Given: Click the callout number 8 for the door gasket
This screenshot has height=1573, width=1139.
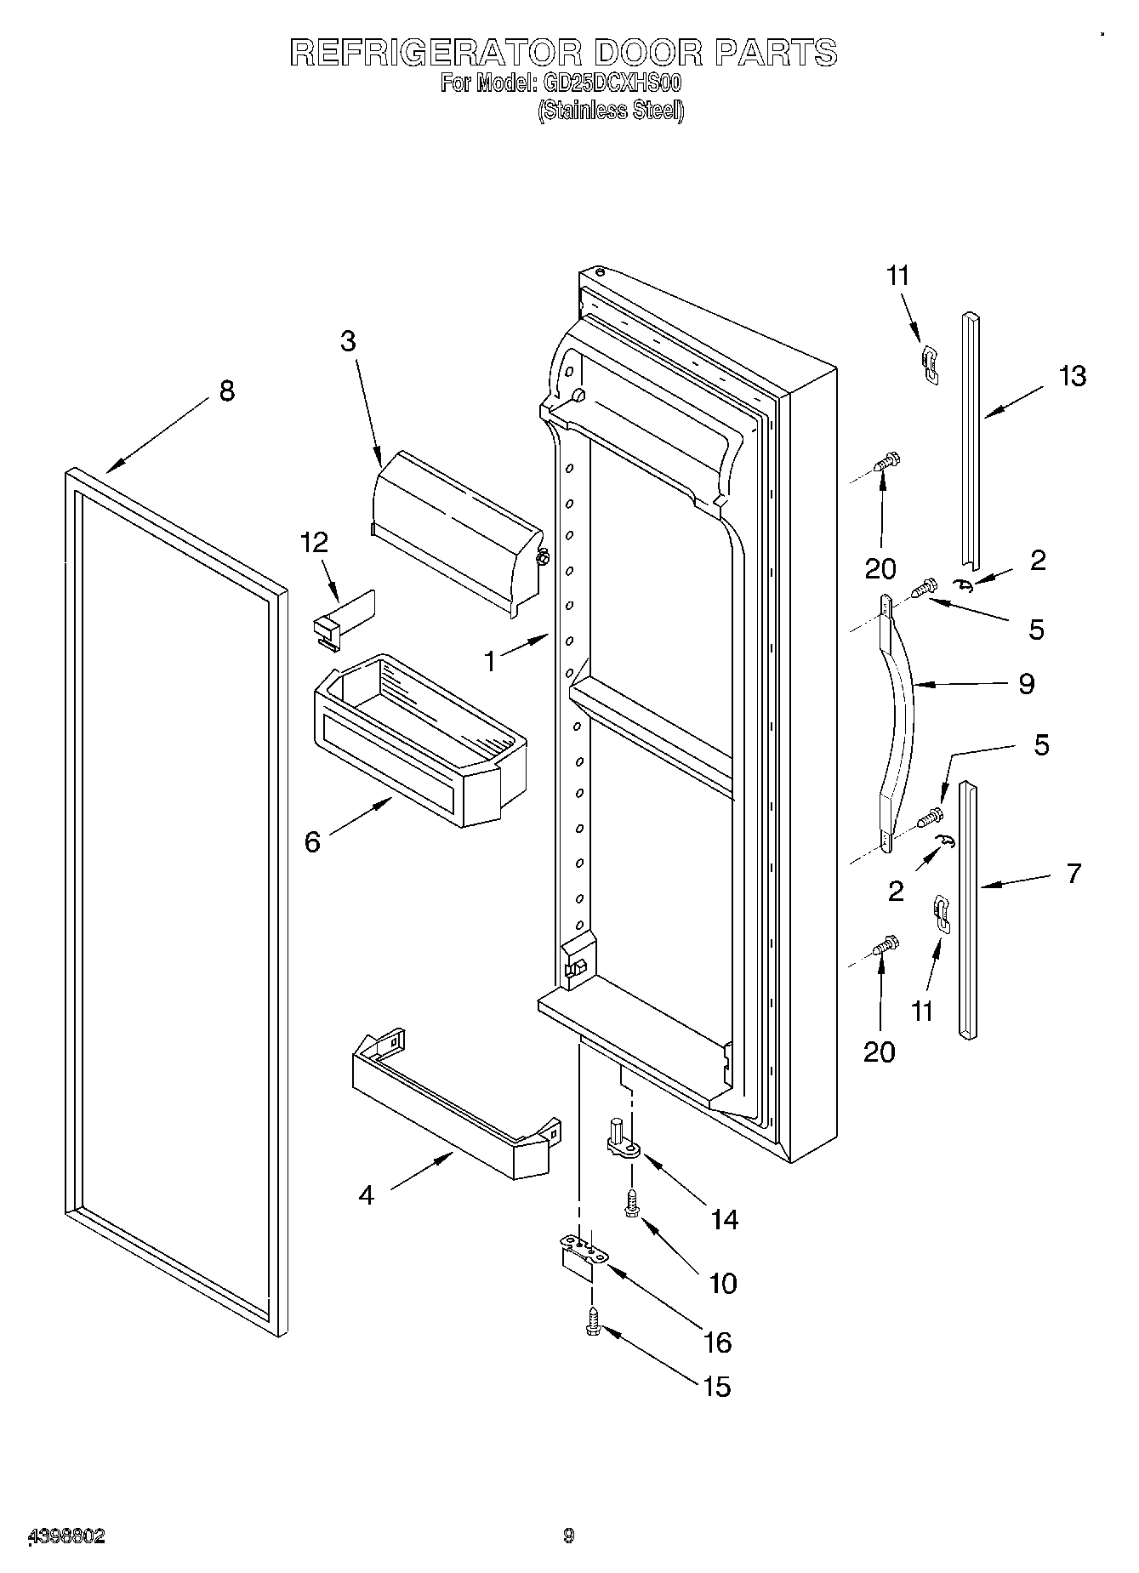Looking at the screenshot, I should coord(226,390).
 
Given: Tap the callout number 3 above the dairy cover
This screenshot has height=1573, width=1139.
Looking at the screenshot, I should coord(348,340).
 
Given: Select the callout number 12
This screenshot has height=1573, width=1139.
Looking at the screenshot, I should coord(315,542).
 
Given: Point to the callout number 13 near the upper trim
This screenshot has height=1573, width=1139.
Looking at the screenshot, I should coord(1073,375).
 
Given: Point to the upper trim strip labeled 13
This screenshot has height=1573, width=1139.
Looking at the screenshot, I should coord(971,442).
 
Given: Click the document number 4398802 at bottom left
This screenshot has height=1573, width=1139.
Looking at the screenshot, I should coord(67,1536).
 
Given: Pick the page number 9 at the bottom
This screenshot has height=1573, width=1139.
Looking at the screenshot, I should coord(568,1536).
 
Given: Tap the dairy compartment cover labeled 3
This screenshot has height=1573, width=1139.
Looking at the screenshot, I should coord(455,532).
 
